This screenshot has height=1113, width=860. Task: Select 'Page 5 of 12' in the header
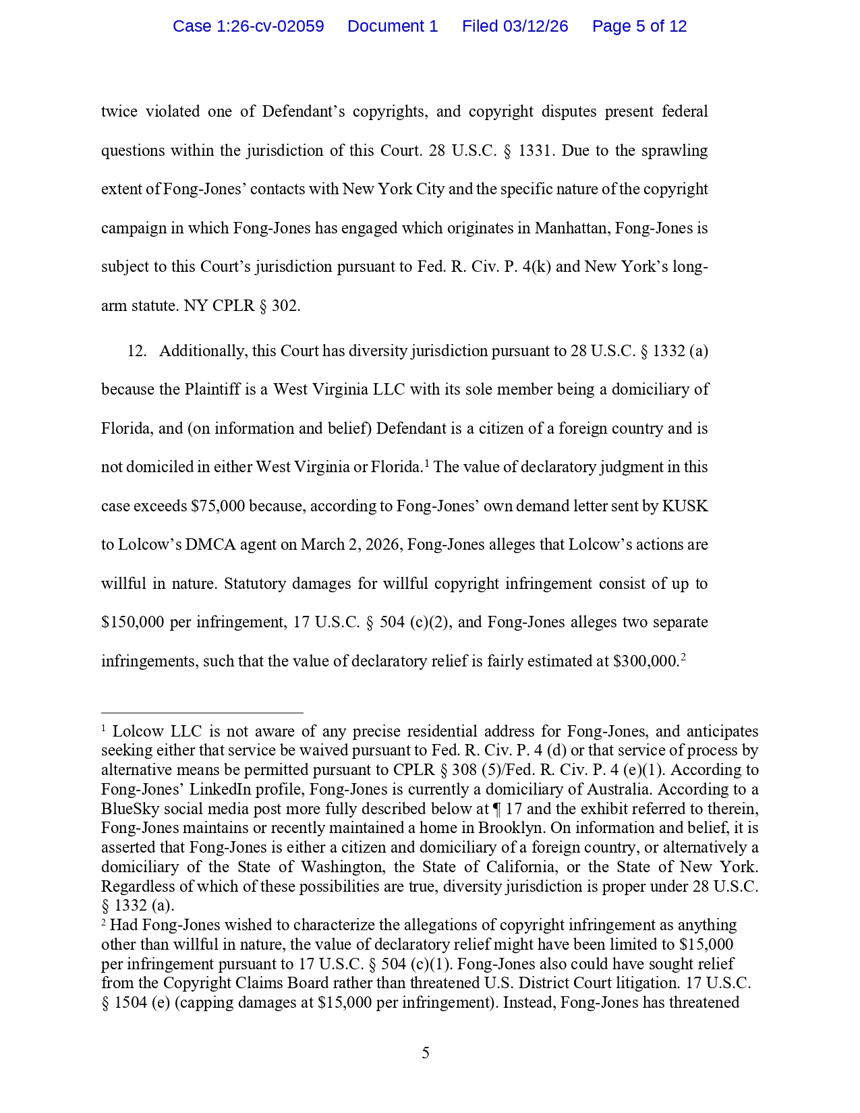639,26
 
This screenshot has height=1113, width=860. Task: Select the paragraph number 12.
137,351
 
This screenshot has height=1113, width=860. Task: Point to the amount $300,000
645,661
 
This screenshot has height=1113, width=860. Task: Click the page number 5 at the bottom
426,1053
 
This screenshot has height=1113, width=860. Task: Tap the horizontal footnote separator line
202,712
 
